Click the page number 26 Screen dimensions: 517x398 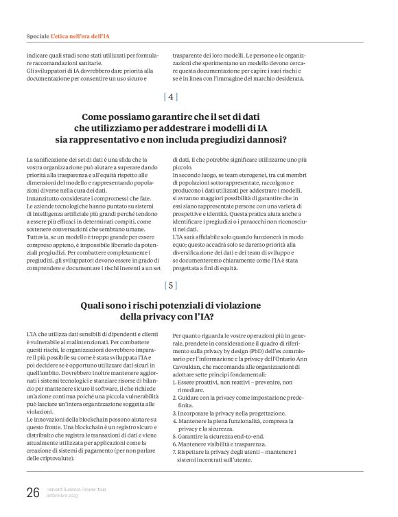[33, 492]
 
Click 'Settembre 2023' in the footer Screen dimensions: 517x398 [64, 496]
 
